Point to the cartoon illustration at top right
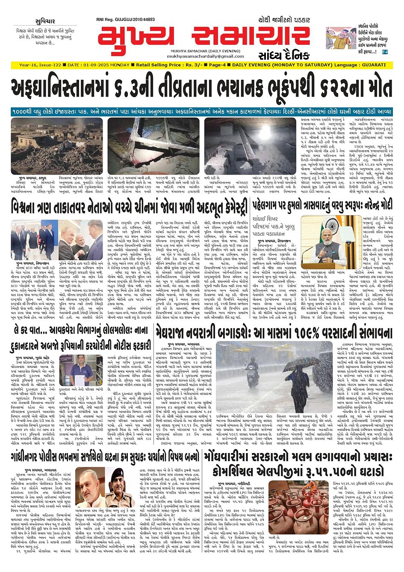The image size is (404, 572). (x=338, y=39)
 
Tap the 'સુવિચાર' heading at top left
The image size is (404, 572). (x=45, y=21)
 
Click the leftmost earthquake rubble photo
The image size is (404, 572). (x=57, y=146)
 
